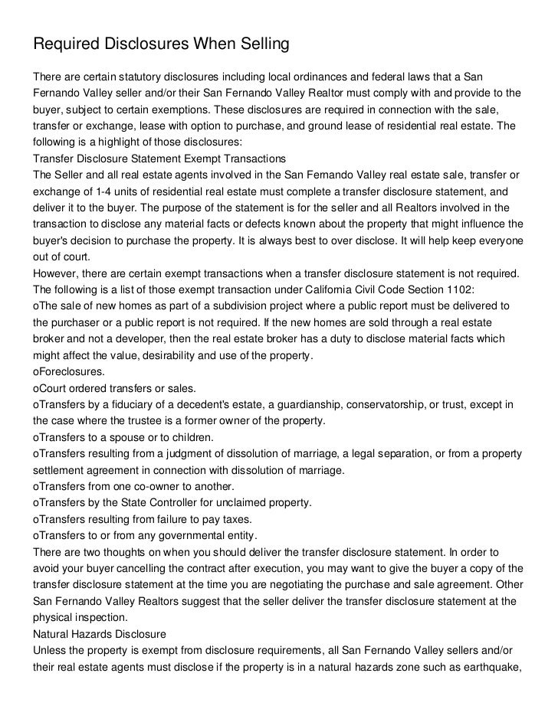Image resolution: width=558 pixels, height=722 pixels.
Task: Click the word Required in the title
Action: tap(68, 45)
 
